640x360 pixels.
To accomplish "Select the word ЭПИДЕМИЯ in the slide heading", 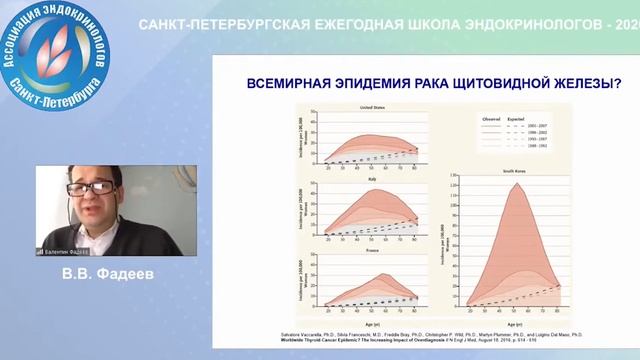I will [369, 86].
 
